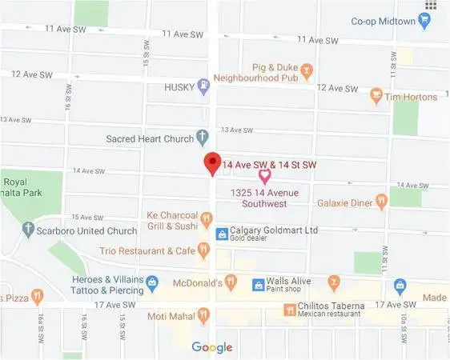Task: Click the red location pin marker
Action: (211, 162)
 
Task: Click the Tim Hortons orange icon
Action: (376, 97)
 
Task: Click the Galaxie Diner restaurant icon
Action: (381, 202)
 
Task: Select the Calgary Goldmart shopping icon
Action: (222, 234)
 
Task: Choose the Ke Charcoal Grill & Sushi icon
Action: (206, 218)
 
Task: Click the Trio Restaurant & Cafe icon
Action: (203, 251)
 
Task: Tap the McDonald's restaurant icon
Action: (231, 282)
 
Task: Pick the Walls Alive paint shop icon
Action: (258, 284)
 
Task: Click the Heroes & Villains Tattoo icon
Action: (152, 282)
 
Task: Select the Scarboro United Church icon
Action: (28, 231)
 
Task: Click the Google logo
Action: (212, 347)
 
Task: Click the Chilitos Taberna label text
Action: (331, 306)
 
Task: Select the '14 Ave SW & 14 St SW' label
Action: (270, 164)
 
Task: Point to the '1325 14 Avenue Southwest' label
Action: (263, 198)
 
